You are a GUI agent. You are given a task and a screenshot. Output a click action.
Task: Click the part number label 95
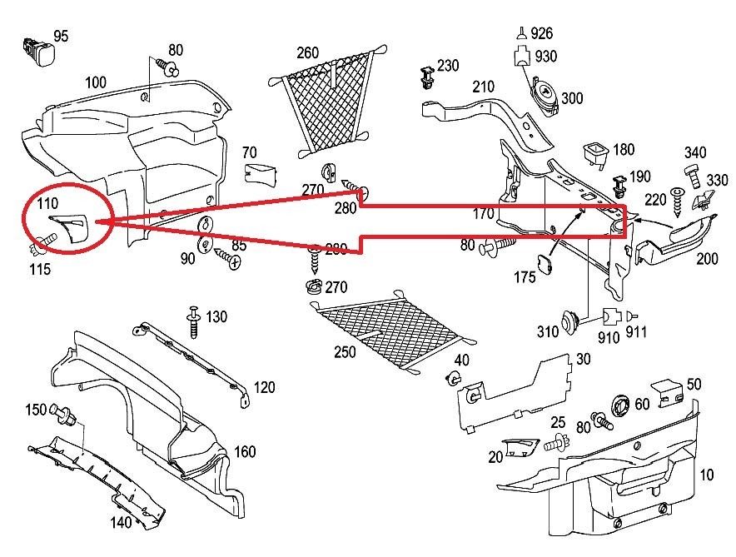click(62, 36)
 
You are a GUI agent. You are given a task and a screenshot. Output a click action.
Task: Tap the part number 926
click(541, 34)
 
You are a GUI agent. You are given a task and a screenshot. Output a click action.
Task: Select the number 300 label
click(572, 98)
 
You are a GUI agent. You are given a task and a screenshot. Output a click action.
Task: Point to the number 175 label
click(525, 277)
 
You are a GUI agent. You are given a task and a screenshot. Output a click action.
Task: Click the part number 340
click(695, 152)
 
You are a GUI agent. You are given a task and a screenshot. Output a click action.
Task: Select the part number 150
click(35, 410)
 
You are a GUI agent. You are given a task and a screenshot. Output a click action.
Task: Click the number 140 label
click(122, 523)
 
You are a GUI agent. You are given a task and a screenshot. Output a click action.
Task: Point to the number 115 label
click(39, 268)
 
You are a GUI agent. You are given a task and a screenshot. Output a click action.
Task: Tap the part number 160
click(245, 452)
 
